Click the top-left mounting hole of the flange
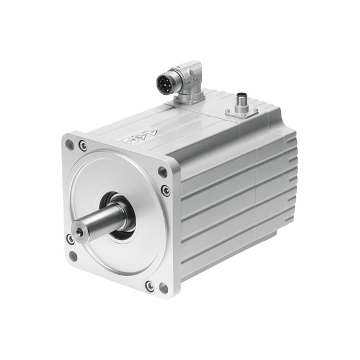coord(70,145)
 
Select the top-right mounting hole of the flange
coord(162,172)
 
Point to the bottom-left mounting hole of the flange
coord(73,256)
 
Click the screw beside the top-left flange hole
coord(83,146)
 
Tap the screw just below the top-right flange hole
coord(166,191)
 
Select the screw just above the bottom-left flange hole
coord(71,239)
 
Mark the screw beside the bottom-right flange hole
coord(149,286)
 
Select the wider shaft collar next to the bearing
coord(124,215)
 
